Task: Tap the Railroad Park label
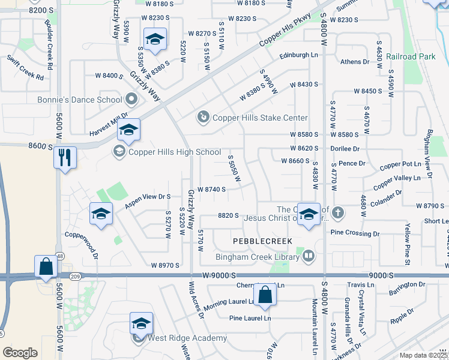[x=410, y=56]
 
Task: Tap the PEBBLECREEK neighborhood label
[x=262, y=241]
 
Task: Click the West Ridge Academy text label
[x=180, y=338]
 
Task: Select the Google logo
[x=20, y=353]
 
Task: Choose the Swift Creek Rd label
[x=26, y=68]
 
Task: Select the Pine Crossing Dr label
[x=355, y=233]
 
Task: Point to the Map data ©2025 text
[x=423, y=355]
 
